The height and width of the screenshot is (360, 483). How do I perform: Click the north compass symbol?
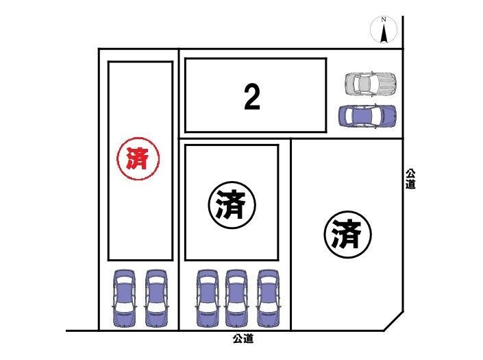(384, 30)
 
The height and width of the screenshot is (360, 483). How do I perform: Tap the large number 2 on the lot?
(252, 97)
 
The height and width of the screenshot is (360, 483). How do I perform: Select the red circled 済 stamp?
(138, 158)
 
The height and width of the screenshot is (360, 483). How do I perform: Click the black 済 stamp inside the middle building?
(232, 204)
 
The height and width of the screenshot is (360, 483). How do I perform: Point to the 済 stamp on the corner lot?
(348, 235)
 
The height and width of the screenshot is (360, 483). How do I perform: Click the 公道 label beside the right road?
(410, 179)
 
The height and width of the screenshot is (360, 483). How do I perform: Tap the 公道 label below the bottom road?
(243, 339)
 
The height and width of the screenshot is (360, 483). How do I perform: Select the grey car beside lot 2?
(370, 83)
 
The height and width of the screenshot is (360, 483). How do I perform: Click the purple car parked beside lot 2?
(367, 116)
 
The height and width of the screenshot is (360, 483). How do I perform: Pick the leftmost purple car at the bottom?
(125, 298)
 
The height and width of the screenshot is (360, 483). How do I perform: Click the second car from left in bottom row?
(156, 298)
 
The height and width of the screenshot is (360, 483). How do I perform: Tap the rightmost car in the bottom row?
(268, 298)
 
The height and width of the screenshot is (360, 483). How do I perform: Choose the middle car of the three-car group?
(236, 298)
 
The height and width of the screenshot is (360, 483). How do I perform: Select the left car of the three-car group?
(208, 298)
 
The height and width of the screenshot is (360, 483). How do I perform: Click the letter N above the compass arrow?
(384, 19)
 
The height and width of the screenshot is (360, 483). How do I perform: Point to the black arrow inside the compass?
(384, 34)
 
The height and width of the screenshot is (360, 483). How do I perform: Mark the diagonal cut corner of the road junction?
(393, 321)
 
